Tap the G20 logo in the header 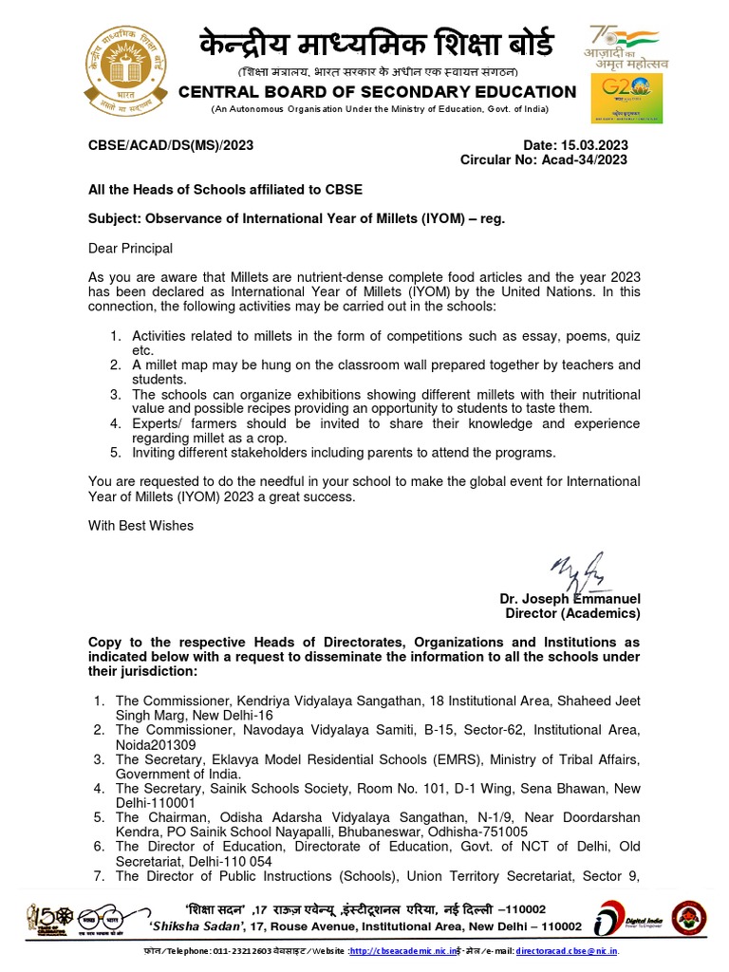click(x=627, y=100)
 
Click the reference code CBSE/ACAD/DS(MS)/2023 click(x=171, y=145)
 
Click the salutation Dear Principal click(x=131, y=249)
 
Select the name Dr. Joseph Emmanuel click(x=570, y=599)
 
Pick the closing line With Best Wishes click(x=140, y=525)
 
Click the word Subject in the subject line click(x=113, y=218)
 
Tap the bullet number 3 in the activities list click(x=115, y=394)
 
